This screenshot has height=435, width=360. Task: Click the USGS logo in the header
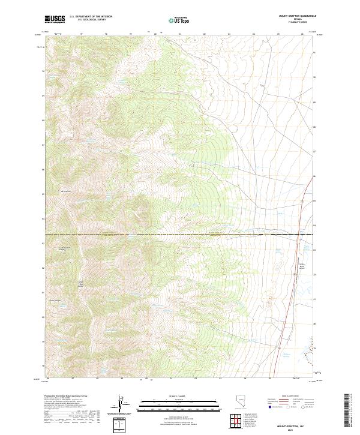coord(55,20)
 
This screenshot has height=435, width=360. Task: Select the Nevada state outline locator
coord(240,401)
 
